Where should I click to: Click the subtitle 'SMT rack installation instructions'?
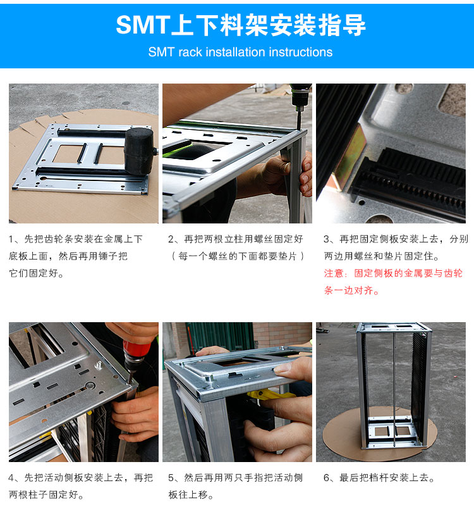point(240,53)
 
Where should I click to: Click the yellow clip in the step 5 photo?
point(269,396)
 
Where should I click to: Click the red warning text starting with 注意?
point(393,282)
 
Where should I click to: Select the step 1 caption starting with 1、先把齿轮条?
point(76,256)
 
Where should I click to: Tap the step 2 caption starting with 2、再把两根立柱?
point(236,239)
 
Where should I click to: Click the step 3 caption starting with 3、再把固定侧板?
point(396,247)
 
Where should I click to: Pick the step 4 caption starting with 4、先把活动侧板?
point(80,486)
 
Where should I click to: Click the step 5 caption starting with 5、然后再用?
point(236,486)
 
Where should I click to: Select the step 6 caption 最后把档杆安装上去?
point(379,478)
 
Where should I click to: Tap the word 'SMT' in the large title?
point(143,25)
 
